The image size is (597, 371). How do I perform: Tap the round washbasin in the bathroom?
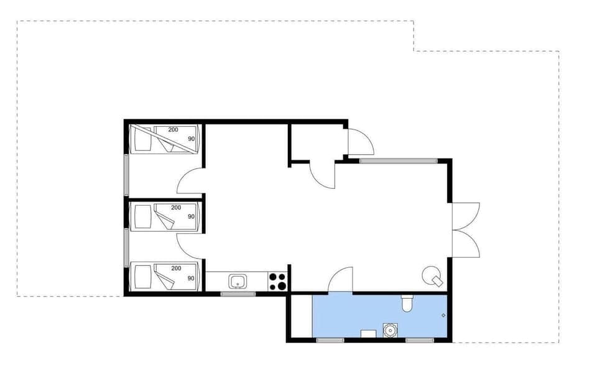390,330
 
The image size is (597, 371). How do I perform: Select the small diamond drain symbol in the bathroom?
443,316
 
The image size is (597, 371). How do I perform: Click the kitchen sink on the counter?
238,282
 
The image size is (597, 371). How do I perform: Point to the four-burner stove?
278,282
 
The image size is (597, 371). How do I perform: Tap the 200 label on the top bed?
173,129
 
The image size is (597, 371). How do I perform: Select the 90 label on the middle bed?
191,216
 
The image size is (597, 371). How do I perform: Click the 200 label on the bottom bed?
176,268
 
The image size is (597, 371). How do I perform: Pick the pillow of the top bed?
142,139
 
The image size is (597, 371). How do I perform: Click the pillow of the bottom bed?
142,277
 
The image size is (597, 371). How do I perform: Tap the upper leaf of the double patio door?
466,214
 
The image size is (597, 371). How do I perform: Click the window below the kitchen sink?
238,294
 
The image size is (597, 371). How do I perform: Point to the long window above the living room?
398,161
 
